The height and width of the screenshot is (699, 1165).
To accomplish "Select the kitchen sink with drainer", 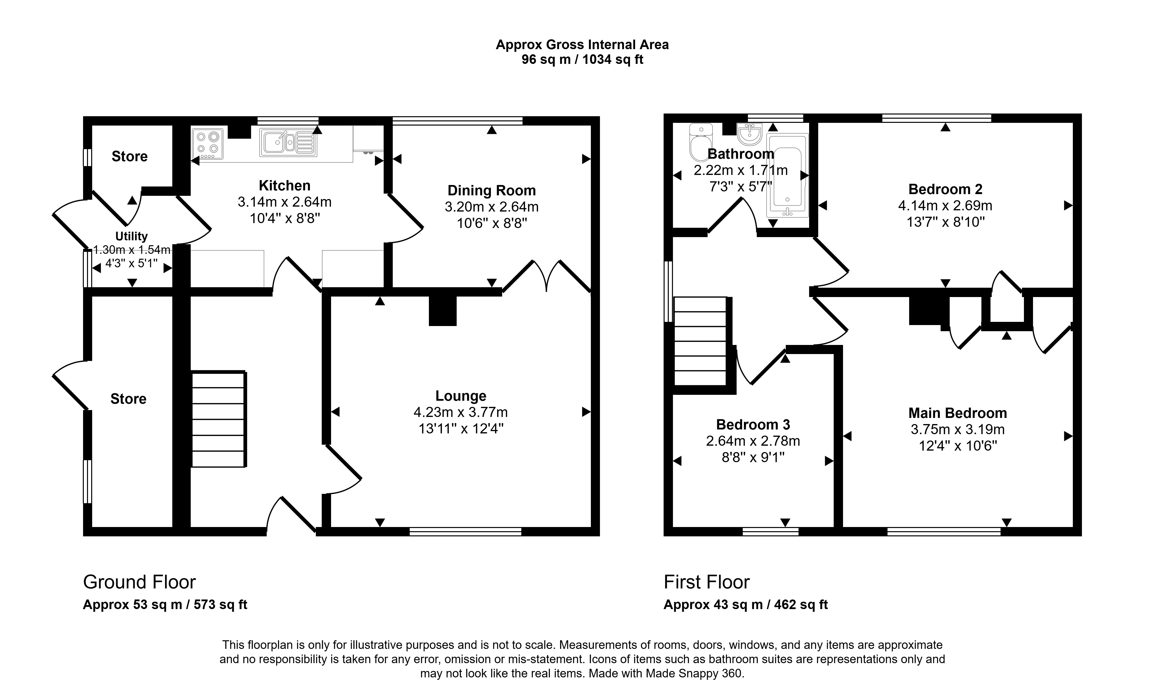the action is tap(288, 142).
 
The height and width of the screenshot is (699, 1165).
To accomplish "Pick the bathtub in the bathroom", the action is tap(788, 175).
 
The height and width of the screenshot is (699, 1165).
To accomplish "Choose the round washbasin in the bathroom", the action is tap(749, 134).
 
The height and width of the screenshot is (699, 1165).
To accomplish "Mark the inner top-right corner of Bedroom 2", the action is tap(1073, 122).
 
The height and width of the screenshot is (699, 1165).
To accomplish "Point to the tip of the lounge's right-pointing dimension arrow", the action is tap(591, 412).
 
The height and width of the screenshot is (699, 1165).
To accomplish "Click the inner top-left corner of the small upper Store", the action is tap(92, 125).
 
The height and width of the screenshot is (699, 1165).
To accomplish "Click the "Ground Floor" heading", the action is tap(139, 582).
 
